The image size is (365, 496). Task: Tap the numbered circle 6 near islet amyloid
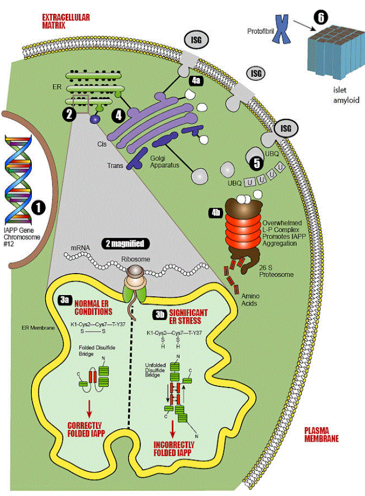tap(321, 17)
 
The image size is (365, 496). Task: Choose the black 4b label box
tap(216, 212)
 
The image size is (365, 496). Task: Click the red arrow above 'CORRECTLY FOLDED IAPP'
tap(89, 407)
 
